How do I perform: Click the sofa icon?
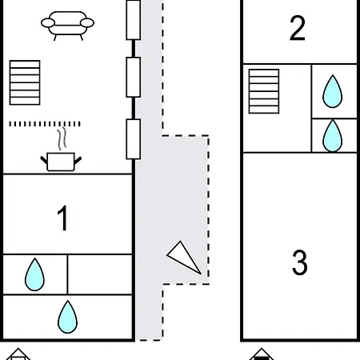click(67, 26)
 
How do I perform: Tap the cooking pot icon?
click(61, 162)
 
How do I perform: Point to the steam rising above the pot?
click(62, 139)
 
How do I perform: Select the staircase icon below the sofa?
click(25, 82)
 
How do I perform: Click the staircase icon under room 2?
click(264, 91)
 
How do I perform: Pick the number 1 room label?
click(62, 218)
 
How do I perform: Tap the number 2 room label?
click(298, 28)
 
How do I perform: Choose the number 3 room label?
click(300, 262)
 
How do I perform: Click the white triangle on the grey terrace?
click(184, 258)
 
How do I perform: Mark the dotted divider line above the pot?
click(45, 124)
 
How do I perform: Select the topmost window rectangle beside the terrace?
click(134, 20)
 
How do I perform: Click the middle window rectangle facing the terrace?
click(134, 77)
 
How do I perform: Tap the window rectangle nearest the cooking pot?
click(134, 139)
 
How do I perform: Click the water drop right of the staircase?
click(332, 91)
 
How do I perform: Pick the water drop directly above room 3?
click(332, 135)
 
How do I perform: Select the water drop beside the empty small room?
click(34, 274)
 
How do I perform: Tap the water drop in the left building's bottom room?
click(67, 317)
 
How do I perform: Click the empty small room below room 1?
click(100, 274)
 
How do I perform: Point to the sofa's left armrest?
click(48, 23)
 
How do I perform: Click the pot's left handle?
click(44, 160)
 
